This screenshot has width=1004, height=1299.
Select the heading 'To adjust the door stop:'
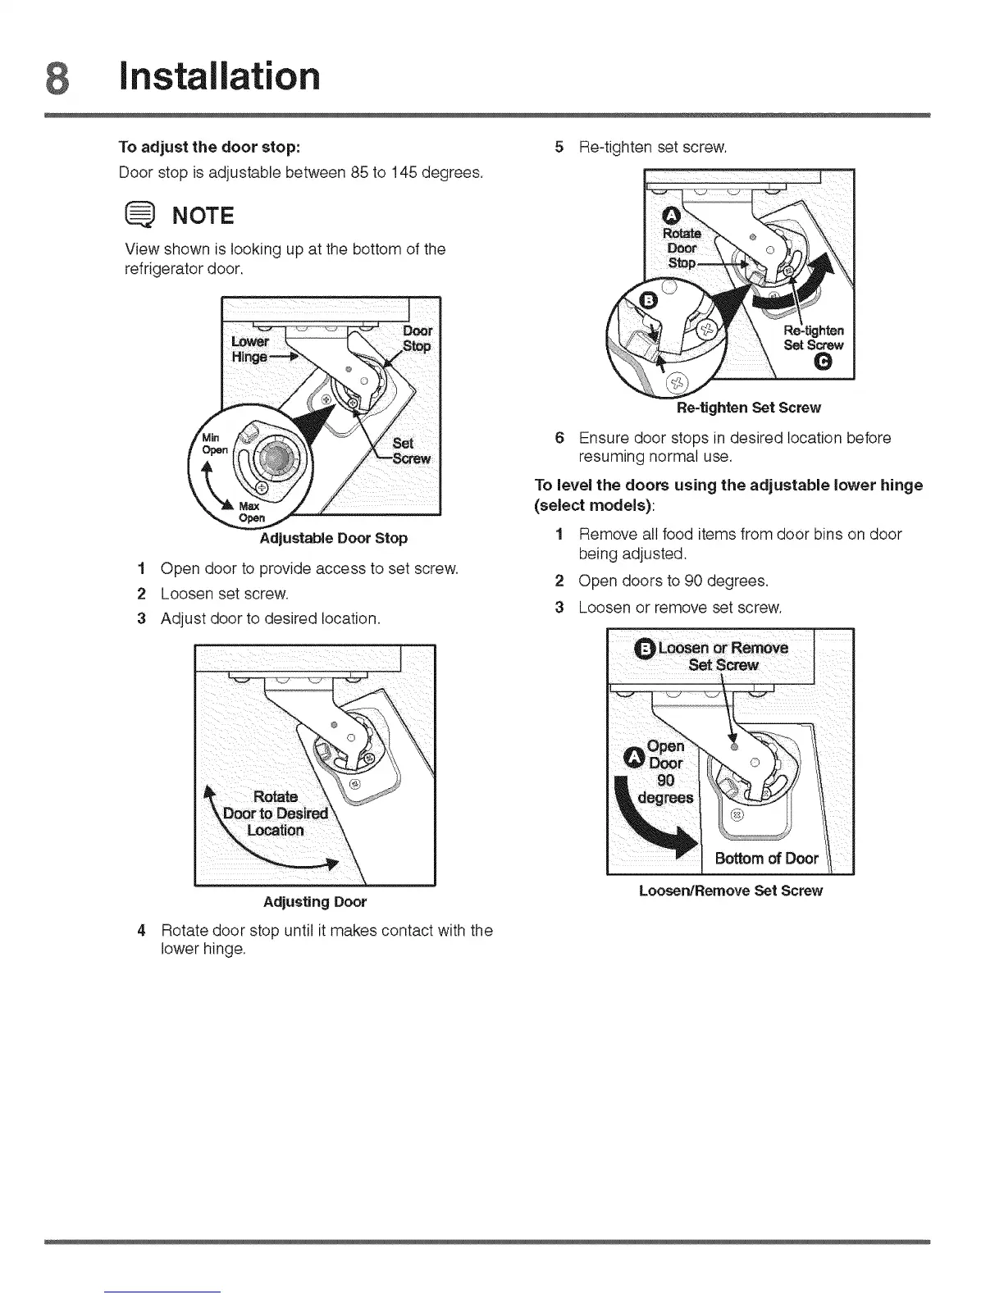210,148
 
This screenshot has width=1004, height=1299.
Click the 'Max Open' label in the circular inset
251,512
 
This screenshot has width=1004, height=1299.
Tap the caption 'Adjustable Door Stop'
333,539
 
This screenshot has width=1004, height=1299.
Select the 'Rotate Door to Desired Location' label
276,813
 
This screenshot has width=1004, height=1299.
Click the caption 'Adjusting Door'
314,902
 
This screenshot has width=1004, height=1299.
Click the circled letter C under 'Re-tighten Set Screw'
824,363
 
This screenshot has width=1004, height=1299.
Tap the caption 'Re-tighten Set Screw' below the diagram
748,408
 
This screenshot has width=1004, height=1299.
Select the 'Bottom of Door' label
766,859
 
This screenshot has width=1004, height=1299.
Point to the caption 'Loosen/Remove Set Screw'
730,891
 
